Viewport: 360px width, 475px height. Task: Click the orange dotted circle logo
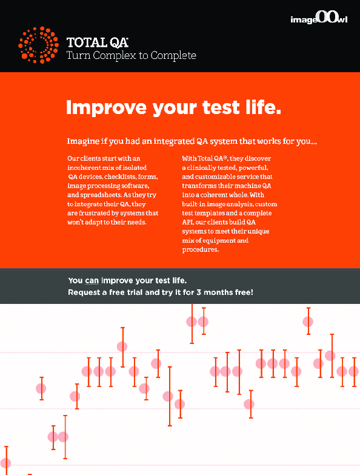click(x=38, y=45)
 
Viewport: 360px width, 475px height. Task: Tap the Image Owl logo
click(x=319, y=17)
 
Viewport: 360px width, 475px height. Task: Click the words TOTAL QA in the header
click(x=98, y=42)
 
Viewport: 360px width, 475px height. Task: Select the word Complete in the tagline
click(x=173, y=55)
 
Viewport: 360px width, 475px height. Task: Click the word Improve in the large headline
click(x=106, y=108)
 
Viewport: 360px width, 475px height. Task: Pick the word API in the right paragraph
click(x=188, y=222)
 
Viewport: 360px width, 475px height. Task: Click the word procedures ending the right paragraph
click(x=200, y=249)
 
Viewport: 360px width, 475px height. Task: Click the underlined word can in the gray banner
click(x=92, y=281)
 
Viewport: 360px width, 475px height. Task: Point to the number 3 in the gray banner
click(x=198, y=292)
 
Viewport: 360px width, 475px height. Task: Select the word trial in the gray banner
click(x=135, y=292)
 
